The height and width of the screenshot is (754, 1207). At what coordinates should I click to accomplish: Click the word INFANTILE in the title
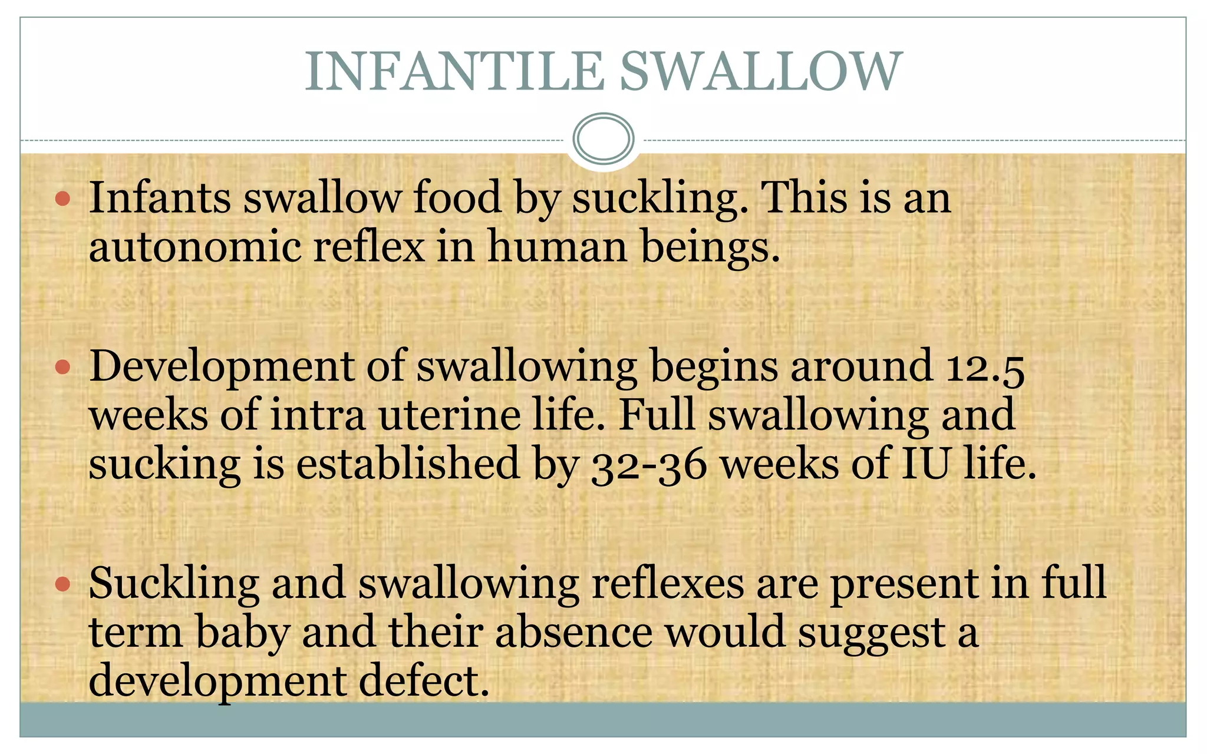[454, 71]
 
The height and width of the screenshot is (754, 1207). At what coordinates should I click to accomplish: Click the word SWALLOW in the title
[761, 71]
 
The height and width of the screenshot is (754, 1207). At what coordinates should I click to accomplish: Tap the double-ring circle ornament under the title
[603, 138]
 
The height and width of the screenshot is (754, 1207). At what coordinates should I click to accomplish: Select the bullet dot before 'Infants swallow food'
[62, 199]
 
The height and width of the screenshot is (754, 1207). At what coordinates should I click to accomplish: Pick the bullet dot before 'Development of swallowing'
[62, 368]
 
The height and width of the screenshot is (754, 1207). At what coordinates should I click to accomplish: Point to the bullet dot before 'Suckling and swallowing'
[62, 585]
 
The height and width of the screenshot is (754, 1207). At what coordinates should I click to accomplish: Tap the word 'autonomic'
[194, 247]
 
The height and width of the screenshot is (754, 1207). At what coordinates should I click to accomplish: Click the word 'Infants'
[159, 198]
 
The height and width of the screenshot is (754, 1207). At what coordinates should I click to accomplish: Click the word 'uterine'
[450, 416]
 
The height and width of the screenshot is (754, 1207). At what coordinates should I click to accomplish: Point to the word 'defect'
[424, 682]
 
